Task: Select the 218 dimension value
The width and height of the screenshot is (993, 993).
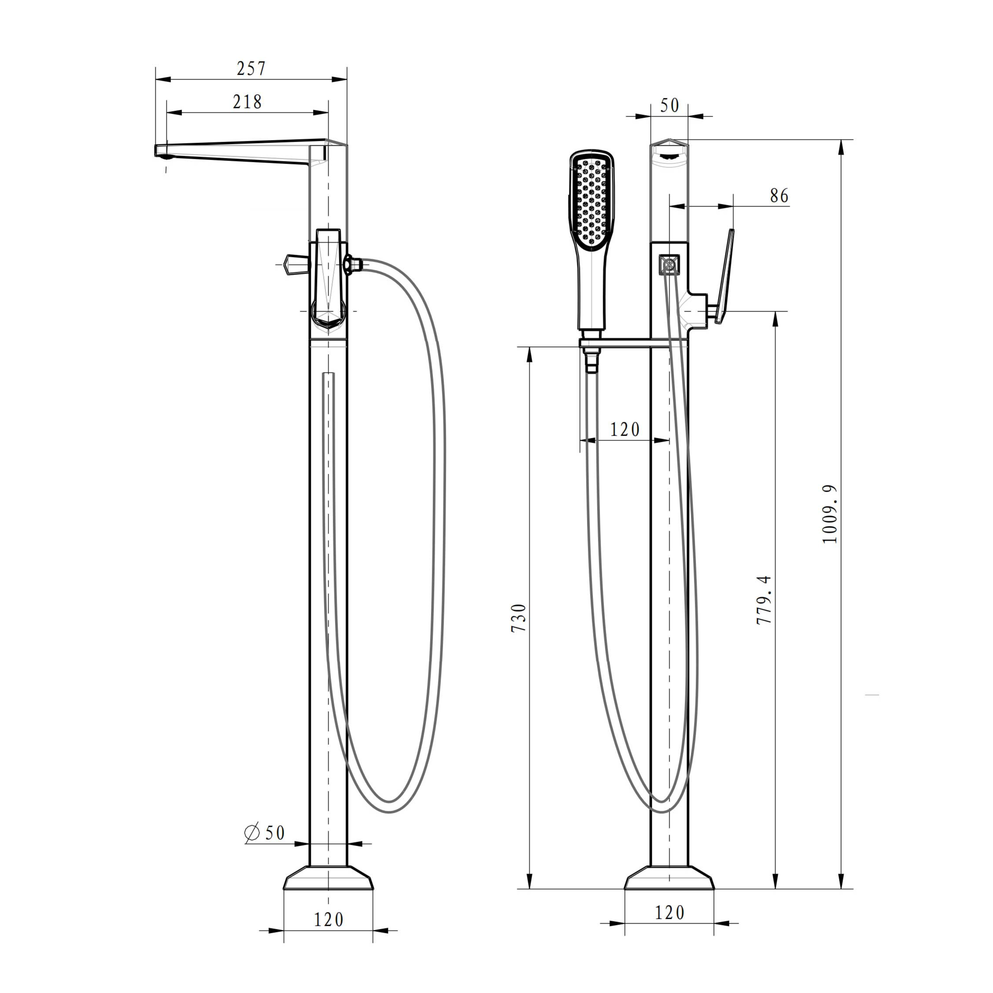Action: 247,102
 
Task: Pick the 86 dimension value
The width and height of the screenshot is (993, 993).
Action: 779,195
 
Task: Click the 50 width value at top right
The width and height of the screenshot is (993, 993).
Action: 669,105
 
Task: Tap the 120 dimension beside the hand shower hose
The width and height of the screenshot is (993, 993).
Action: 625,429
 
